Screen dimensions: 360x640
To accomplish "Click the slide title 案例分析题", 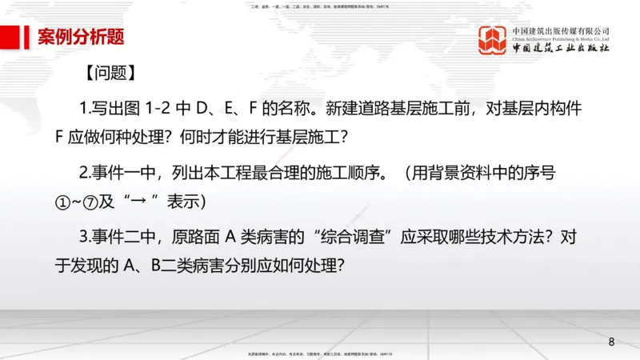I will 81,37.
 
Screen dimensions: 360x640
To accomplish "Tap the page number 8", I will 612,342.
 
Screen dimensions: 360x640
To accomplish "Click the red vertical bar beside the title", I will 18,37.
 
